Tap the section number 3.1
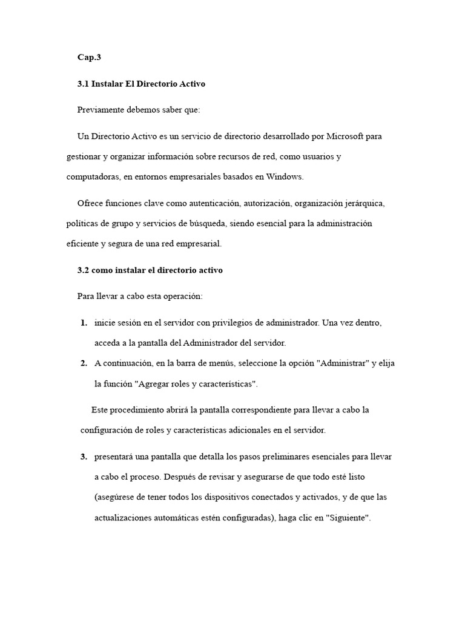tap(83, 84)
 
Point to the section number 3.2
tap(83, 270)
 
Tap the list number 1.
tap(83, 323)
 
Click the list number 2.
tap(83, 363)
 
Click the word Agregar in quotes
tap(154, 384)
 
